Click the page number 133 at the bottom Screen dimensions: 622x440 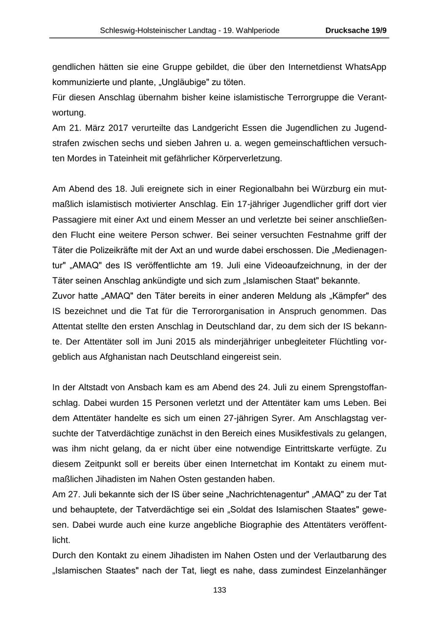tap(220, 590)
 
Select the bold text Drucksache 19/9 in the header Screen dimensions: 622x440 tap(356, 30)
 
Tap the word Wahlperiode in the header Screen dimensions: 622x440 tap(259, 30)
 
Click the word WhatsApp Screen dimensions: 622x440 tap(363, 67)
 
